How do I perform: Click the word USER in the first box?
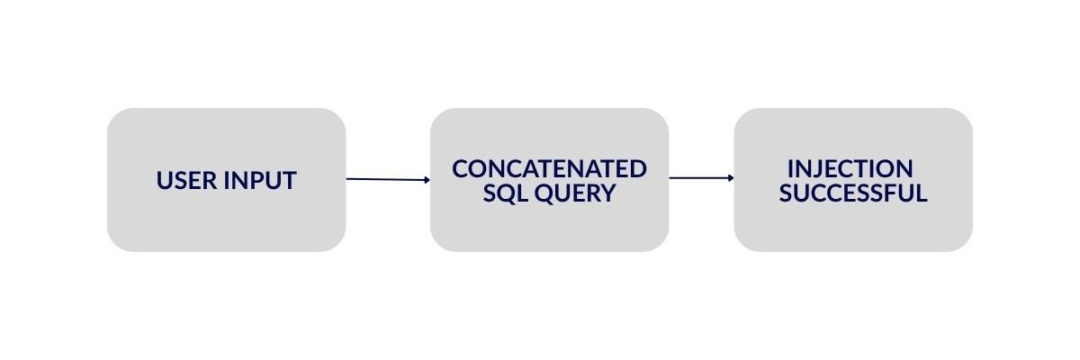click(x=186, y=180)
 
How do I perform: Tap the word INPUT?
click(x=260, y=180)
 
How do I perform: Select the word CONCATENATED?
click(x=549, y=168)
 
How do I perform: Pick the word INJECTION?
click(x=850, y=168)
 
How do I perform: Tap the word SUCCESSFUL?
click(x=853, y=193)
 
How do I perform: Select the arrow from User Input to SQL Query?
click(x=388, y=179)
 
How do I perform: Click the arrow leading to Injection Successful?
click(x=701, y=178)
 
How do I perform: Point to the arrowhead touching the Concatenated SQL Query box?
click(x=427, y=180)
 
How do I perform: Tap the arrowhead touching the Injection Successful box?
click(x=731, y=178)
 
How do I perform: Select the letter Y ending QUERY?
click(x=607, y=193)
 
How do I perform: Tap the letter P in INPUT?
click(x=255, y=180)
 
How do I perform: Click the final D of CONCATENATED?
click(x=638, y=168)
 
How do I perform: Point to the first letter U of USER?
click(x=165, y=180)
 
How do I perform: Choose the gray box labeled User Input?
click(x=227, y=180)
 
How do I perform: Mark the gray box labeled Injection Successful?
click(x=853, y=180)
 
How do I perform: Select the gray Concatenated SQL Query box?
click(x=550, y=180)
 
